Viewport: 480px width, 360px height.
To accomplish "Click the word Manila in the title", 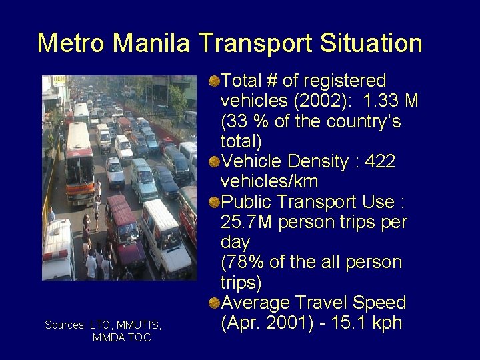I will [153, 43].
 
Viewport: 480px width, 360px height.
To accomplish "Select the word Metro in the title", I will [72, 43].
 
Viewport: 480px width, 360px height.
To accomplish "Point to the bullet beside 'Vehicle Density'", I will [213, 162].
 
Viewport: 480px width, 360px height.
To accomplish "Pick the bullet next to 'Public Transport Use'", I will [213, 202].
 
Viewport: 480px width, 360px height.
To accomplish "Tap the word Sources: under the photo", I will [65, 325].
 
